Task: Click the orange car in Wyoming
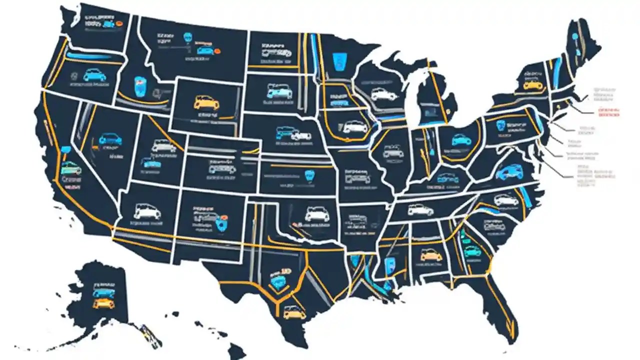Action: pyautogui.click(x=206, y=103)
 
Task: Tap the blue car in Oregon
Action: pyautogui.click(x=94, y=75)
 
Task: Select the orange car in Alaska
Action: pyautogui.click(x=103, y=303)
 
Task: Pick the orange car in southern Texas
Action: pyautogui.click(x=294, y=312)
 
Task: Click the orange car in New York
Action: pyautogui.click(x=533, y=85)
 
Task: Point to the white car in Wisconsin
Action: pyautogui.click(x=383, y=94)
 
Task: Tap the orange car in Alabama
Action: pyautogui.click(x=431, y=255)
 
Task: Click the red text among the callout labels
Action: pyautogui.click(x=608, y=111)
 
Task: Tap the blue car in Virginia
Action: pyautogui.click(x=509, y=172)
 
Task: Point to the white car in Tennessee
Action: pyautogui.click(x=420, y=210)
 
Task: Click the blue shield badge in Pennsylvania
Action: pyautogui.click(x=500, y=125)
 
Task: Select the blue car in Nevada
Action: pyautogui.click(x=110, y=139)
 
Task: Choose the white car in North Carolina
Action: pyautogui.click(x=506, y=200)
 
